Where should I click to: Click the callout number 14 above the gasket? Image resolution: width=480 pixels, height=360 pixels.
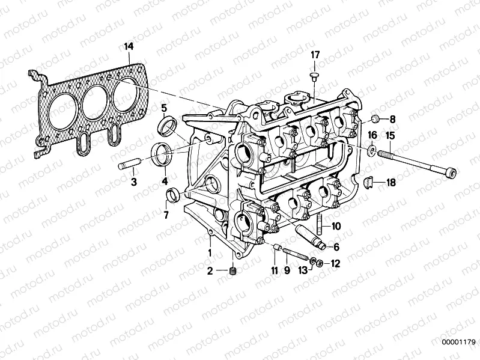point(129,46)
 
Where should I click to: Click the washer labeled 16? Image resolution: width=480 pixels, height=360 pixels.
point(372,149)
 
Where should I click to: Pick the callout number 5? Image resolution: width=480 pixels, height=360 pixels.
point(163,108)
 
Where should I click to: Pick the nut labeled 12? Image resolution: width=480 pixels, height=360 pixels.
point(320,262)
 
